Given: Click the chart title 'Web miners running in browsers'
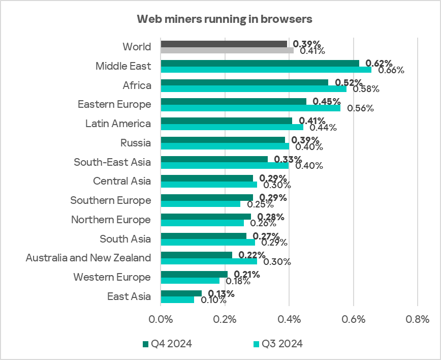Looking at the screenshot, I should tap(224, 19).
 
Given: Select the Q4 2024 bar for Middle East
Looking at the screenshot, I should tap(260, 63).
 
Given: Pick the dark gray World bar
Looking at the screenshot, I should tap(224, 44).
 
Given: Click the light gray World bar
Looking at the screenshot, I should tap(227, 50).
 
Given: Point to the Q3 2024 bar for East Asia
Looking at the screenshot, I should tap(177, 300).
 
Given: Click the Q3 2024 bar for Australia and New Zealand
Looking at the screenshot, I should tap(209, 261).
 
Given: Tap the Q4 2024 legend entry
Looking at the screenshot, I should tap(167, 344).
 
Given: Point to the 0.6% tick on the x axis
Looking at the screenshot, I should tap(354, 320).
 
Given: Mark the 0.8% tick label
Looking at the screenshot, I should tap(417, 320).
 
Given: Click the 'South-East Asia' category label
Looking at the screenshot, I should tap(112, 162).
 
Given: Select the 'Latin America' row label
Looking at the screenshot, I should tap(118, 124).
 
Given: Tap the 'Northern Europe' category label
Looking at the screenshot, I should tap(111, 220).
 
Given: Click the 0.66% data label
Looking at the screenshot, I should tap(391, 70).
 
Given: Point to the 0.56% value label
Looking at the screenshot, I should tap(360, 108).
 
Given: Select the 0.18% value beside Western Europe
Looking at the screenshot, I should tap(235, 281).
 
